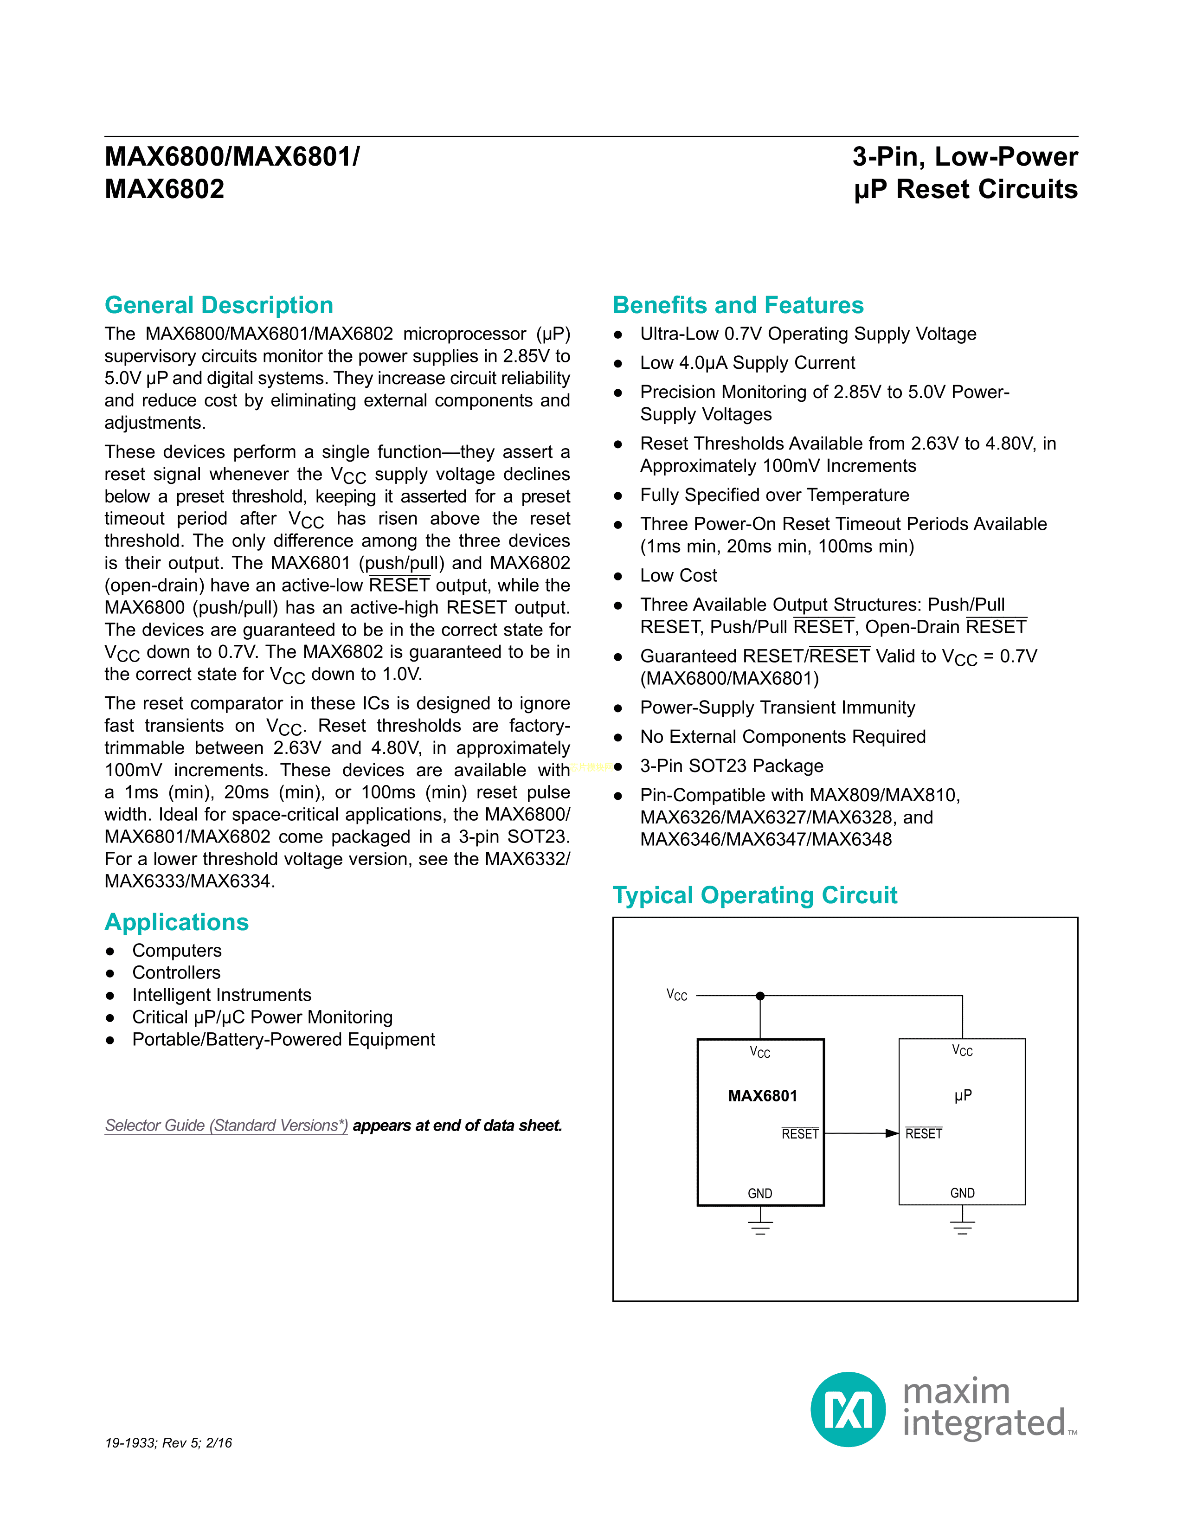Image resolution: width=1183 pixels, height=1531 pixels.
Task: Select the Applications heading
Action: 177,922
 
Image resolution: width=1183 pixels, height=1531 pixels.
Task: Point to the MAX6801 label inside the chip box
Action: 763,1096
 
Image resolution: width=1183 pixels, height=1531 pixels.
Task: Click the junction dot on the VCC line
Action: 760,996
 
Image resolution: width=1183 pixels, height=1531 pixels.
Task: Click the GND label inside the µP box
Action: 962,1193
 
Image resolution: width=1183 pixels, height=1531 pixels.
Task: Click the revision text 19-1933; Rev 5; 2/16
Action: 168,1443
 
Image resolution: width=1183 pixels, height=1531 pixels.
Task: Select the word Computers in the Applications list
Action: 177,951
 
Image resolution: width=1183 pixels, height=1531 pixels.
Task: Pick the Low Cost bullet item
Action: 678,576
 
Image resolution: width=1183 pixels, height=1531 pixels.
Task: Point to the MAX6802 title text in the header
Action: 165,189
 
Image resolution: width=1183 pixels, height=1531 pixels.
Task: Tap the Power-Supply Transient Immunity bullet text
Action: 777,708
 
